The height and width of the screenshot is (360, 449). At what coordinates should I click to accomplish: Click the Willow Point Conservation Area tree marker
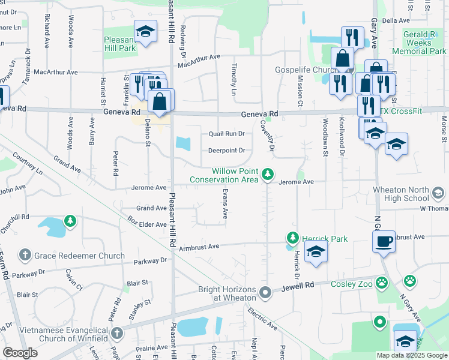tap(268, 175)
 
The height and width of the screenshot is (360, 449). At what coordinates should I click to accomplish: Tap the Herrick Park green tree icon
tap(292, 238)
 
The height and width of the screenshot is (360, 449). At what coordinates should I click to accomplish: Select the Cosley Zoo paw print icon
tap(410, 280)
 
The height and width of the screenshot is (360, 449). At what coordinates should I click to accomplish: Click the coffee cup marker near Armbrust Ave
tap(384, 242)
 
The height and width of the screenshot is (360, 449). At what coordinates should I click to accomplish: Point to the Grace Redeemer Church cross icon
tap(25, 256)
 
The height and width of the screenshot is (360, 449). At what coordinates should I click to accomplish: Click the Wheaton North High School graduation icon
tap(438, 193)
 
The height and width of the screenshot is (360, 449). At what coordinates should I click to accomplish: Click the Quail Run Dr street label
tap(226, 134)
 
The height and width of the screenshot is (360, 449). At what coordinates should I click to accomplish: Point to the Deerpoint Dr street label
tap(226, 151)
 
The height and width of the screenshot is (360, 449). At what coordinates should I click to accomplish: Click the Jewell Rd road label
tap(289, 289)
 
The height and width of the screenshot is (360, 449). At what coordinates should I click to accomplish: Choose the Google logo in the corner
tap(20, 352)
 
